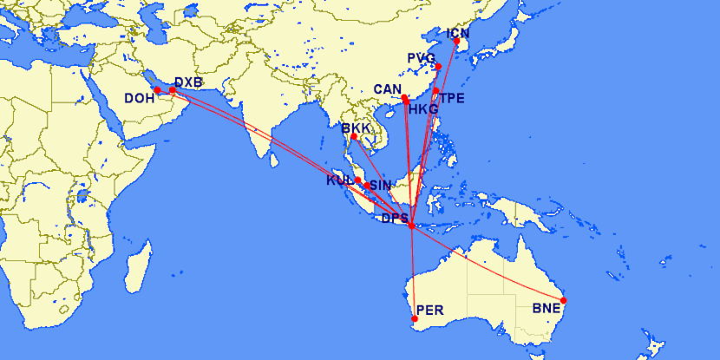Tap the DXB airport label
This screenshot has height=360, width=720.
coord(188,82)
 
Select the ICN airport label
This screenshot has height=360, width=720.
coord(458,35)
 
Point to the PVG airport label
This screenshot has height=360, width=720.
coord(421,58)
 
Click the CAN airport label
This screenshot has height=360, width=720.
coord(387,89)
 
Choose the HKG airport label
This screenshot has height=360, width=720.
coord(422,109)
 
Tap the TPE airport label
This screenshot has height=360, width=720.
coord(452,99)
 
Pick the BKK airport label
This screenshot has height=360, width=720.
coord(356,128)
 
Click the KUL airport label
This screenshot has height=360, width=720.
coord(340,180)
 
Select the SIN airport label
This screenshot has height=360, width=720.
coord(383,185)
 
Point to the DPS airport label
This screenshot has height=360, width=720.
coord(395,218)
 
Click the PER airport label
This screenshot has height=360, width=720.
coord(430,310)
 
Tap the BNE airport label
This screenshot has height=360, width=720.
coord(546,307)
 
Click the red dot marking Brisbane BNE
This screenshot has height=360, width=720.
coord(563,301)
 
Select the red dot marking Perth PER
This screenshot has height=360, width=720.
coord(416,318)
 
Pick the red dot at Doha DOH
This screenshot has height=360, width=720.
coord(157,89)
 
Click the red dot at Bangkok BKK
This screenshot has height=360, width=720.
coord(354,136)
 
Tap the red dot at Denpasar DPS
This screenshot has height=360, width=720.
coord(410,226)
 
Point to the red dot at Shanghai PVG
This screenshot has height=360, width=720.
coord(438,67)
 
